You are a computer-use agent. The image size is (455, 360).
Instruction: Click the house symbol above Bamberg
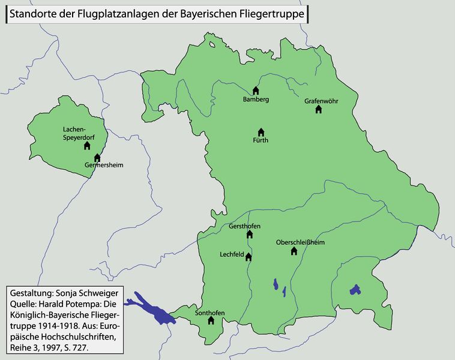(x=256, y=91)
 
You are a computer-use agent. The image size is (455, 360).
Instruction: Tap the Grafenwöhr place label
(x=321, y=101)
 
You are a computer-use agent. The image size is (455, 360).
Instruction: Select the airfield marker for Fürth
(x=261, y=132)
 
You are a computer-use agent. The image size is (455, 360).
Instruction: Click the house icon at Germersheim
(x=97, y=158)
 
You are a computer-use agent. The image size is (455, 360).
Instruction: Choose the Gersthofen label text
(x=244, y=227)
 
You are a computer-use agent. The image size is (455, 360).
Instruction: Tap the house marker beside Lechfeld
(x=249, y=257)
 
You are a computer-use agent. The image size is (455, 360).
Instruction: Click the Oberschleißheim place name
(x=300, y=242)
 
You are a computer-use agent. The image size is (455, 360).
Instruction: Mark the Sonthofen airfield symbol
(x=211, y=321)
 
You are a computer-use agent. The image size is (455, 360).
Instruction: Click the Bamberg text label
(x=256, y=99)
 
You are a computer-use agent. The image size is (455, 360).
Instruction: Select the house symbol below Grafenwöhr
(x=319, y=110)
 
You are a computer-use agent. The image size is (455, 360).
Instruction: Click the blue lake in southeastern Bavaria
(x=355, y=290)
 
